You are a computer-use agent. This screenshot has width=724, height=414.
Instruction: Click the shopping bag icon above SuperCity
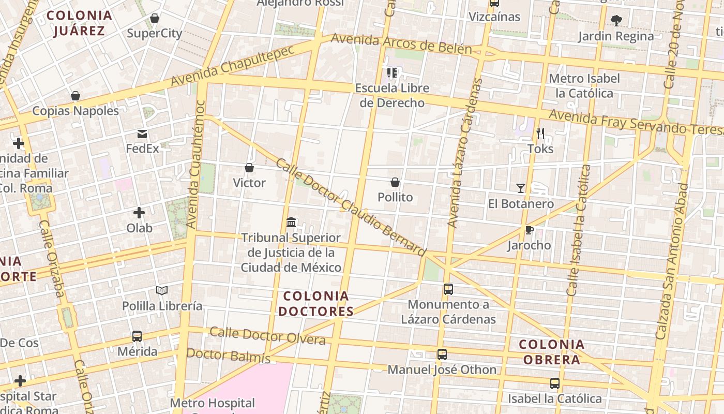154,19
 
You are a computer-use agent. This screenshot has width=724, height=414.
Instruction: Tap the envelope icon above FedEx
142,135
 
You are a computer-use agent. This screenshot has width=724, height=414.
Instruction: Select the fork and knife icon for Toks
540,134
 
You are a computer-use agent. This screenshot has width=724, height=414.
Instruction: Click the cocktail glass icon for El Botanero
521,188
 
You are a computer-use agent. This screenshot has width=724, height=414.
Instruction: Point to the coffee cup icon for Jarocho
529,230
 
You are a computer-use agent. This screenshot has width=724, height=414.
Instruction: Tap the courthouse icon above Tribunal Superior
291,223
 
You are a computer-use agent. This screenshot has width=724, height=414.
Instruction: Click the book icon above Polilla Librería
162,290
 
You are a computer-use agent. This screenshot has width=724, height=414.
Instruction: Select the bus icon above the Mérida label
137,336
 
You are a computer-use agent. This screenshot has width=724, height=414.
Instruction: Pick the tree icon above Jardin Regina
616,21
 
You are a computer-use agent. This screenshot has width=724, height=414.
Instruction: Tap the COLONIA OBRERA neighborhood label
551,352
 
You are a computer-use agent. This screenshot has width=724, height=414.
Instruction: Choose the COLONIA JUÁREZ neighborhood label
80,23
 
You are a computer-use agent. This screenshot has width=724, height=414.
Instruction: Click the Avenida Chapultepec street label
232,66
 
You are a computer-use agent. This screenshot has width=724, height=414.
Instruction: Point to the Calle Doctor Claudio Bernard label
351,208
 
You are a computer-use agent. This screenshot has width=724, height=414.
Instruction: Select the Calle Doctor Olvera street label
267,336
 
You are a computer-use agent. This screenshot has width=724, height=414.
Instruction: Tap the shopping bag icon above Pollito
395,182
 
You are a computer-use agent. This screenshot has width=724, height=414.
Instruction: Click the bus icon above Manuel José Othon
442,354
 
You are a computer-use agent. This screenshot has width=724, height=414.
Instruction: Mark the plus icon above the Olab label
139,213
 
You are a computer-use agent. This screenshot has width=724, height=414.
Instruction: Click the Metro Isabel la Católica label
584,86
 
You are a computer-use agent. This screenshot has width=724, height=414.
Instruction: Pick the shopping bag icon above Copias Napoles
76,96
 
